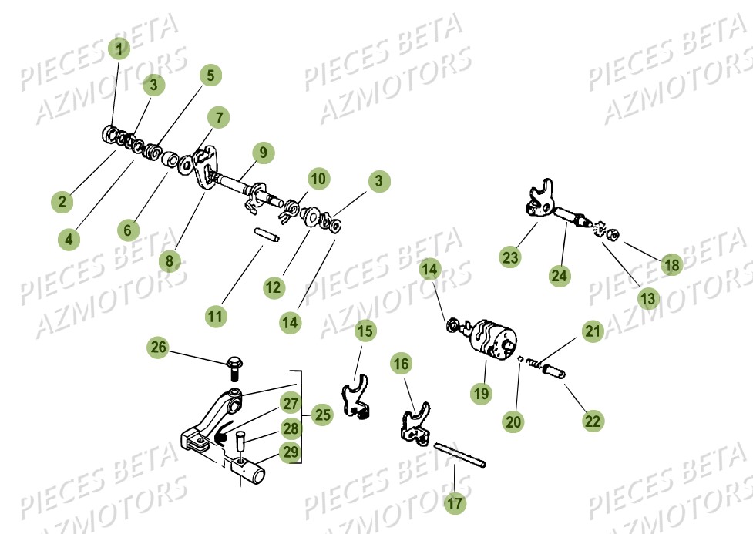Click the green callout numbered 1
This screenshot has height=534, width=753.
[118, 50]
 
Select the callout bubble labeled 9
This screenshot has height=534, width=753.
[263, 153]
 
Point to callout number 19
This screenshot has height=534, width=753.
[481, 393]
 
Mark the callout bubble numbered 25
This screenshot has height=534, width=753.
[322, 415]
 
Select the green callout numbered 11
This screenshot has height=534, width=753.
[217, 315]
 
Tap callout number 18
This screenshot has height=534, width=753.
[672, 265]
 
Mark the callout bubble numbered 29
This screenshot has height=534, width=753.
[290, 452]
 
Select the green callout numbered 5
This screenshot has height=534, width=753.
[210, 76]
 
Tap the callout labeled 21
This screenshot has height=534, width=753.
[593, 332]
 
